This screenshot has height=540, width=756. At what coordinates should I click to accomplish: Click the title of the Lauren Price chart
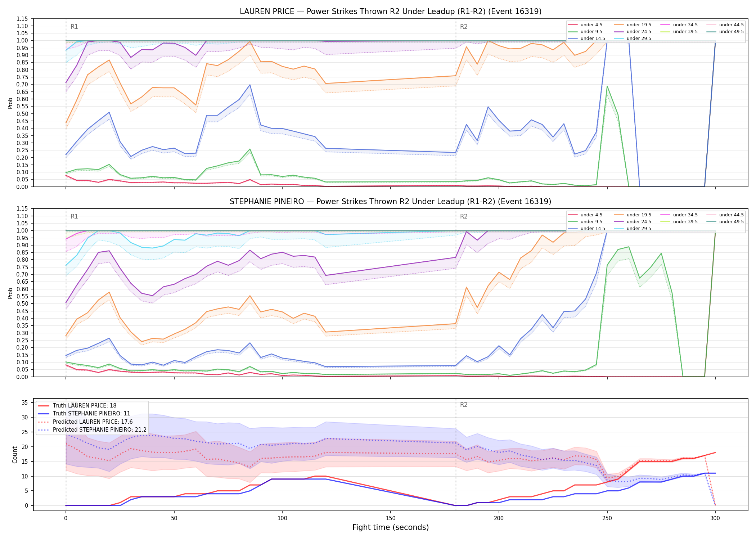click(391, 12)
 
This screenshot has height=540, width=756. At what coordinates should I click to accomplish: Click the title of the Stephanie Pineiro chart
click(391, 202)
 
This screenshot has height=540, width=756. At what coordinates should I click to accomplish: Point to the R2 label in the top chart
click(464, 27)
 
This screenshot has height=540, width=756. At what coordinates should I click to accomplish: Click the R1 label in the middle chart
click(74, 216)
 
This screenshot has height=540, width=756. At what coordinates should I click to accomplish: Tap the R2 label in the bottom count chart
click(464, 405)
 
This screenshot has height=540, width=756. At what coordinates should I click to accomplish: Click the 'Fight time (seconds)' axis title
click(391, 527)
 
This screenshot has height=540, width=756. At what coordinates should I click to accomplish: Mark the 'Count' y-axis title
click(15, 455)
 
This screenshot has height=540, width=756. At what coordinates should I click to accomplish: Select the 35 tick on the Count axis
click(25, 402)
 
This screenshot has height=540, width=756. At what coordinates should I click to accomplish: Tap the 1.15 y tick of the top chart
click(22, 19)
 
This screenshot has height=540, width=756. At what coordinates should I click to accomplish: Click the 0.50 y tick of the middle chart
click(22, 303)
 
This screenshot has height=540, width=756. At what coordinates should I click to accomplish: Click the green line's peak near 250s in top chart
click(607, 86)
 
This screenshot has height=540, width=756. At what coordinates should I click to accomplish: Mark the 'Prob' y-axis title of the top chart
click(10, 103)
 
